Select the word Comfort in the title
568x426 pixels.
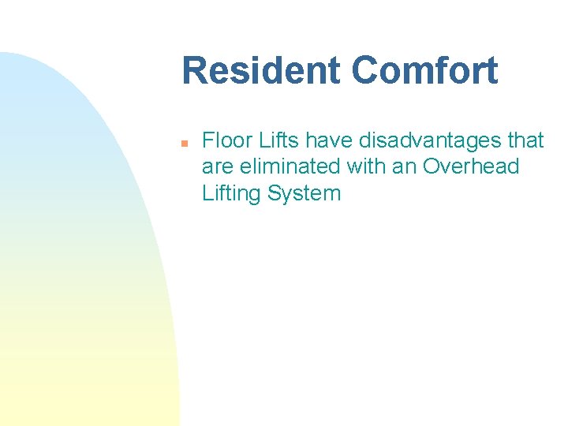[424, 70]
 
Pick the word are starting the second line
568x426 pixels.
[216, 167]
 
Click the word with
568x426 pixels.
[358, 167]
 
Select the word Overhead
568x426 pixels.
[471, 167]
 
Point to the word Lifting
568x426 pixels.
[232, 193]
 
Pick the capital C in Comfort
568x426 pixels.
[364, 70]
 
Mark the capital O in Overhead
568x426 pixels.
[432, 167]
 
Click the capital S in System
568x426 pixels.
[274, 193]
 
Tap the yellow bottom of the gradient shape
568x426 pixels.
[87, 402]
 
